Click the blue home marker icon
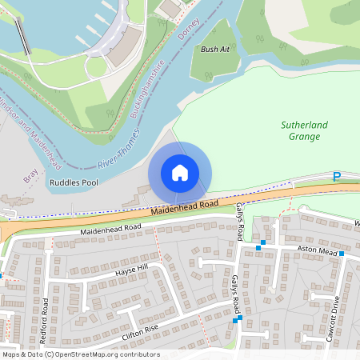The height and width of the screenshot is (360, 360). pos(180,173)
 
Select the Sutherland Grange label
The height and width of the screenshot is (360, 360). pos(300,130)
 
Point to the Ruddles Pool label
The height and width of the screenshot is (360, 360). pos(74,183)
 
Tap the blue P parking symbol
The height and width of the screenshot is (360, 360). pos(337,176)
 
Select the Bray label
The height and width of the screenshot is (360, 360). pos(30,174)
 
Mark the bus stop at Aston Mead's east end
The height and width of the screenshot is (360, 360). pos(342,254)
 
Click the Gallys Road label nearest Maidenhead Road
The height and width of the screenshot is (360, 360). pos(240,221)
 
